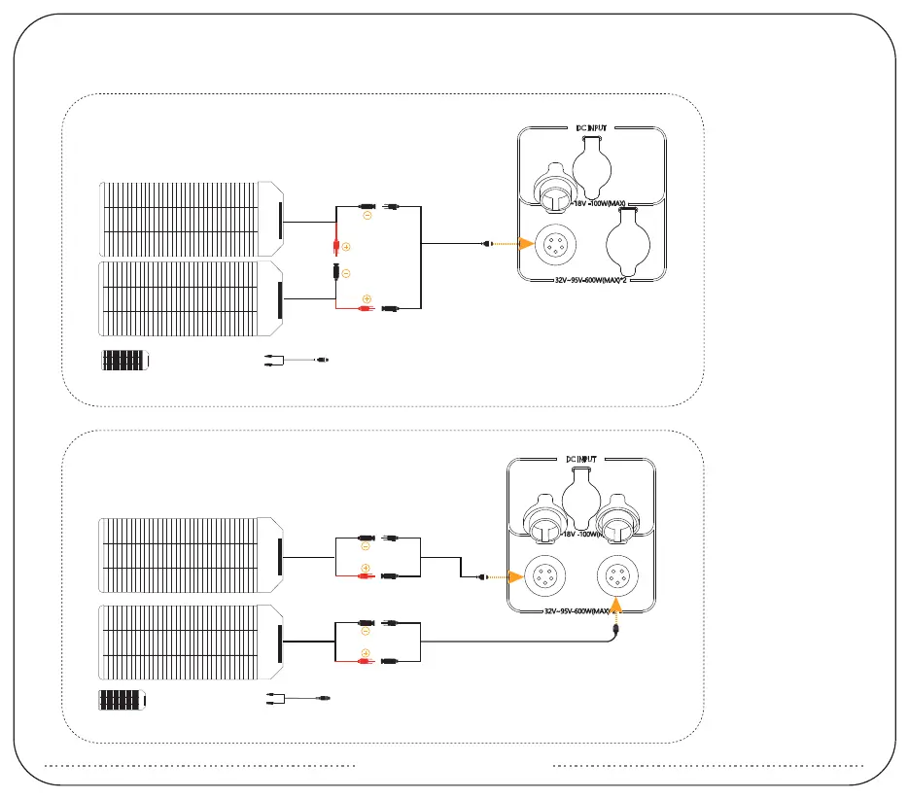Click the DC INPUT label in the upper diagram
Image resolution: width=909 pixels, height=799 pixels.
coord(590,126)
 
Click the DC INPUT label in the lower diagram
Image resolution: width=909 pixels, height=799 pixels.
coord(584,458)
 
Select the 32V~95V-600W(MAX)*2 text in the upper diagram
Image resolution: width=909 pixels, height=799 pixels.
coord(591,278)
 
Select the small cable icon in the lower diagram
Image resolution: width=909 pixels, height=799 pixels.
coord(299,697)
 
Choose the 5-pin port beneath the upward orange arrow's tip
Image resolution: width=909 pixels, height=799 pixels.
coord(616,576)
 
